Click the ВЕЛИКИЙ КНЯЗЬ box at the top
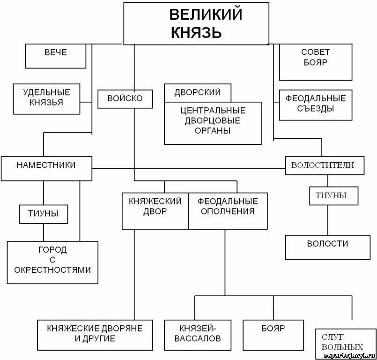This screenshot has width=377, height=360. (196, 23)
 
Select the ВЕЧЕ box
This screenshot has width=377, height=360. (55, 56)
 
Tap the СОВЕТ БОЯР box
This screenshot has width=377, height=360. (315, 62)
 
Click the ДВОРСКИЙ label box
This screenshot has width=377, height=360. (197, 92)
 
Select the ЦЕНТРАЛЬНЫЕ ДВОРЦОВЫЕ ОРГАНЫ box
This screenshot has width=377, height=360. (213, 123)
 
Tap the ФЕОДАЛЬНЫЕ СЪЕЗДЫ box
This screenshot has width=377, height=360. (315, 104)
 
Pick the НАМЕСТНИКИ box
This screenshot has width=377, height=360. (46, 169)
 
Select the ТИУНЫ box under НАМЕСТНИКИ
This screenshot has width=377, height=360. (44, 214)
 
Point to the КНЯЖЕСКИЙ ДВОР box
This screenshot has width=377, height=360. (155, 210)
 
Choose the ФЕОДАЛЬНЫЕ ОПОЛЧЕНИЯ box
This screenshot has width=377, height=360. (228, 210)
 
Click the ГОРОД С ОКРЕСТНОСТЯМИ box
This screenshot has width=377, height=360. (52, 262)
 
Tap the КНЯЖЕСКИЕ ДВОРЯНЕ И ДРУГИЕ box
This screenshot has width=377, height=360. (94, 335)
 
